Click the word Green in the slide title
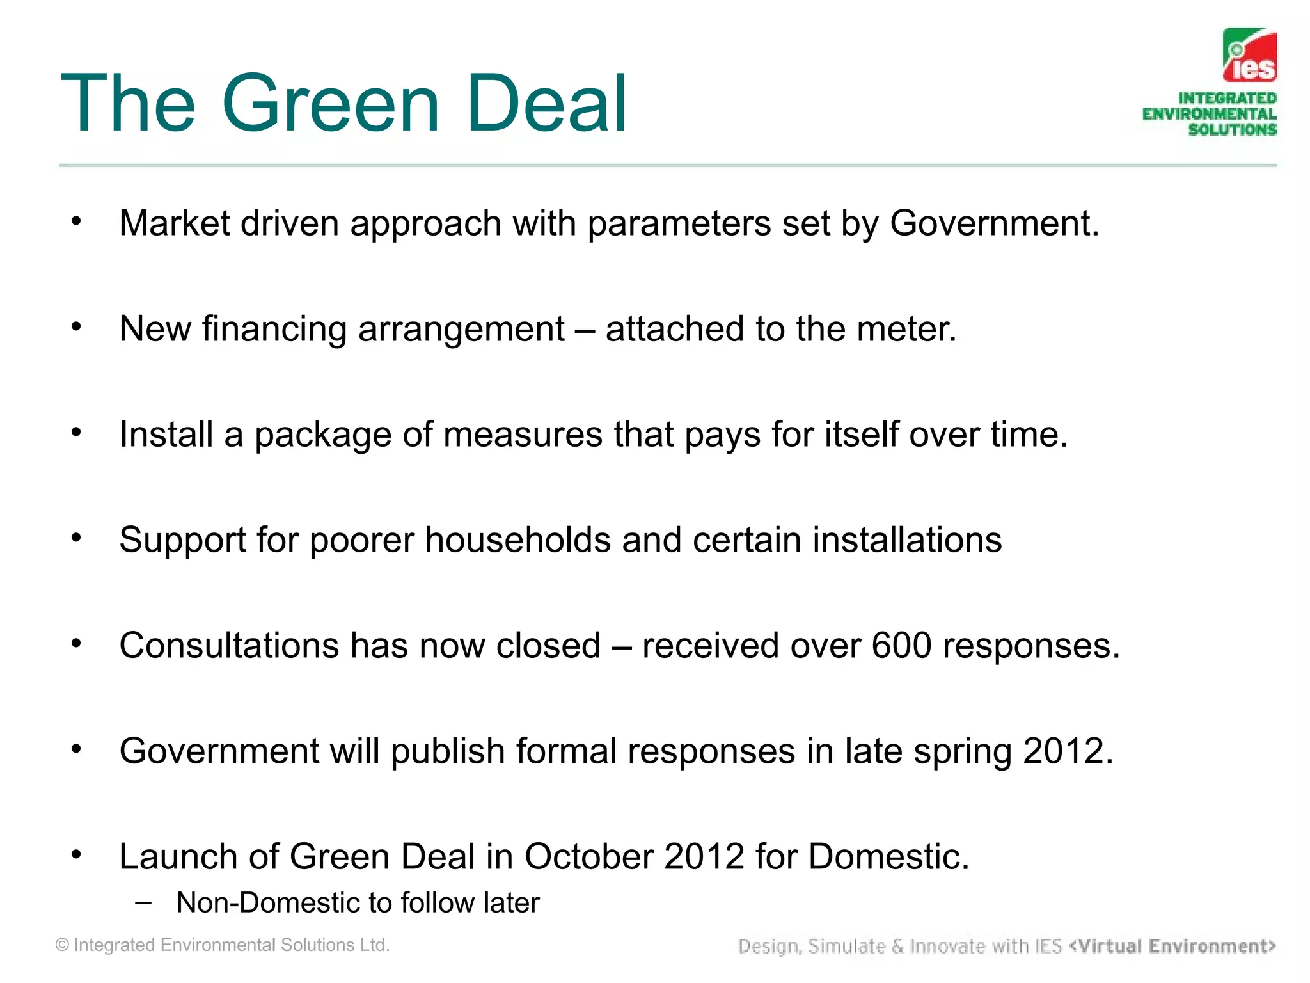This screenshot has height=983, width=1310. tap(331, 104)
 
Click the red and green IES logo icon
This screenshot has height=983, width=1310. tap(1249, 56)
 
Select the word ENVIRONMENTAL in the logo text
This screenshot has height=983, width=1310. tap(1209, 114)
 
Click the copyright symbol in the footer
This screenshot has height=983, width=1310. tap(62, 945)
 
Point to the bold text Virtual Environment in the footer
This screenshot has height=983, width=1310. tap(1172, 946)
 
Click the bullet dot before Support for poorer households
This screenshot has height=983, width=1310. tap(77, 538)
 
